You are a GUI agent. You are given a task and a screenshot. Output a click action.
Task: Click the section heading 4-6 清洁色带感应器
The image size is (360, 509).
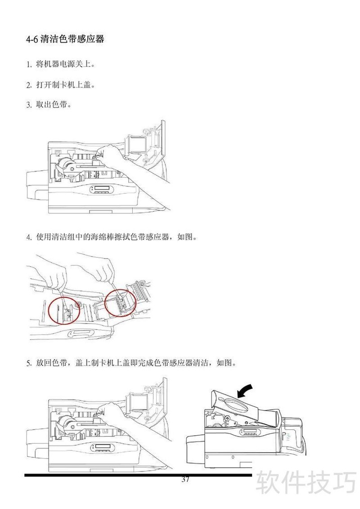click(65, 39)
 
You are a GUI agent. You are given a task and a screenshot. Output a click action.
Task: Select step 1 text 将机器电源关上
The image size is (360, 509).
click(65, 64)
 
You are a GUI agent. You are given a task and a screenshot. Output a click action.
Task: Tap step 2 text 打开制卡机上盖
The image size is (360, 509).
click(65, 85)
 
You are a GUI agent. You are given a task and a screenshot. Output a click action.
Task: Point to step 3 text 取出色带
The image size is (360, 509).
click(53, 104)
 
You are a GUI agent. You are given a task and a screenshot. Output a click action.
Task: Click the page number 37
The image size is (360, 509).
click(185, 479)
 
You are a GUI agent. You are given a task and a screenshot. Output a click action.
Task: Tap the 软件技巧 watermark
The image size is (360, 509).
click(306, 483)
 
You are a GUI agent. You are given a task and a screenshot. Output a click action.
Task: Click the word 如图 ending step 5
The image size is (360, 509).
click(224, 362)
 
